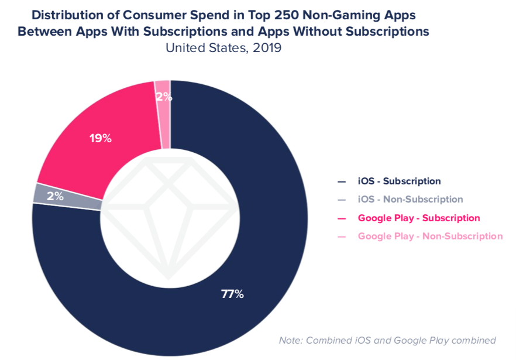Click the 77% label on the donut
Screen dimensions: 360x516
coord(232,294)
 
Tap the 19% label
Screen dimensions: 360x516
coord(100,139)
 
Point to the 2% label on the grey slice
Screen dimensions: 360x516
coord(56,197)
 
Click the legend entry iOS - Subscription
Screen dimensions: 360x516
coord(399,181)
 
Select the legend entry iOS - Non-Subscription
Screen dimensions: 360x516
coord(410,200)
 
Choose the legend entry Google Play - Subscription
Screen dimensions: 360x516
coord(418,218)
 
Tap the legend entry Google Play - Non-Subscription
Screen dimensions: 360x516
coord(430,236)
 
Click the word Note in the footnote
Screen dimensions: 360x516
coord(290,340)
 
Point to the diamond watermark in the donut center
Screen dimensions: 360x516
coord(170,217)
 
